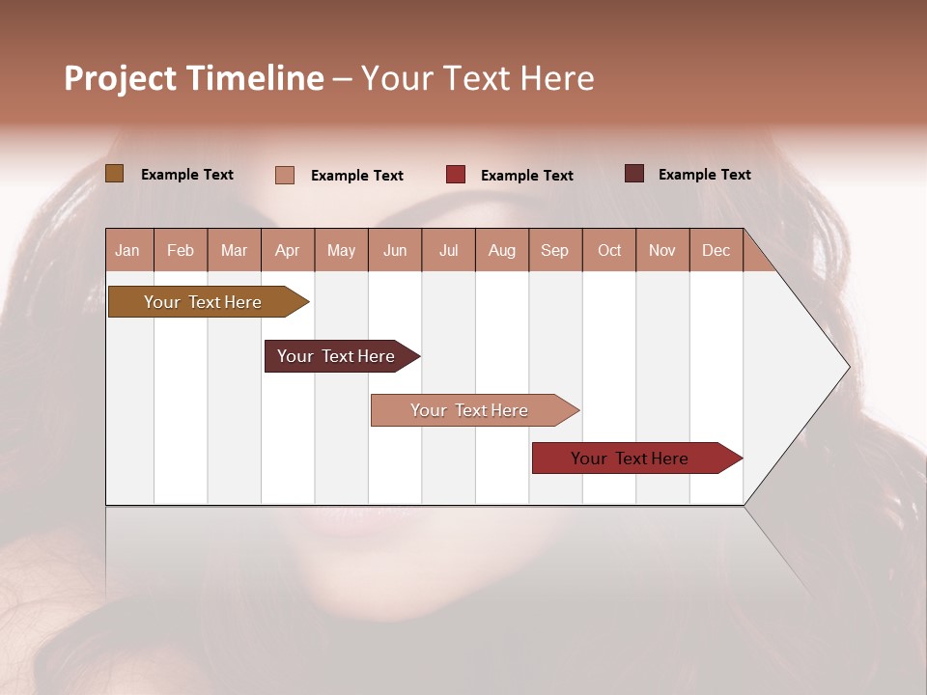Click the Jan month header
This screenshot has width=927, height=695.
tap(128, 250)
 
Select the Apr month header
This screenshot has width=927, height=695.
tap(288, 250)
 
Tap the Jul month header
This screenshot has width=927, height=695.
tap(448, 250)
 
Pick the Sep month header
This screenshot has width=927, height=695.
tap(555, 250)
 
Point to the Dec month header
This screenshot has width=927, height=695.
tap(716, 250)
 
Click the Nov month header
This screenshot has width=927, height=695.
tap(662, 250)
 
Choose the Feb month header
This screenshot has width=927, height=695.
tap(181, 250)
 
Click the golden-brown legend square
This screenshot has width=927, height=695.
tap(114, 174)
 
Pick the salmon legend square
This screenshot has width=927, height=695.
tap(285, 175)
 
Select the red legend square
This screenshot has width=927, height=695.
tap(456, 174)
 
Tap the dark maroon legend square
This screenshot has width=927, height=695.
tap(633, 174)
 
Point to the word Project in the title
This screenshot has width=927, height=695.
tap(120, 78)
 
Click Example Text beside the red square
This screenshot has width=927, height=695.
tap(526, 176)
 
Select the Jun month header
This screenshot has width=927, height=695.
tap(395, 250)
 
